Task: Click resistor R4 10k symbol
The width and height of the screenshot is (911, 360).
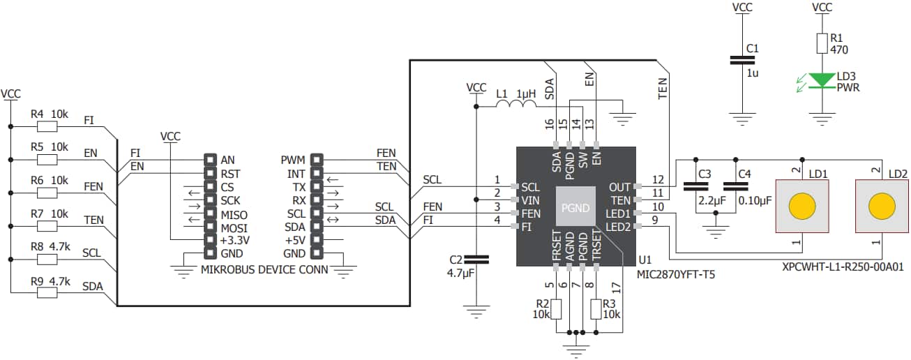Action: point(47,127)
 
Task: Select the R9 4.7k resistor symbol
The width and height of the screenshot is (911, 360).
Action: point(47,292)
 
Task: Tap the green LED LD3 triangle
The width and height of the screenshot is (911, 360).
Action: point(824,81)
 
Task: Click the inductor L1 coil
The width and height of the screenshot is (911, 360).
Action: point(516,105)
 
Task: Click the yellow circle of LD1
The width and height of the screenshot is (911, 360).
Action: point(801,207)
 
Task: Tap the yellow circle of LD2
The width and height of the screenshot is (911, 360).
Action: point(881,207)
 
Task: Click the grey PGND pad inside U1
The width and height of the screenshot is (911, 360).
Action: point(575,208)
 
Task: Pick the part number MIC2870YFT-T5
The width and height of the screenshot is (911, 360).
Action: point(675,275)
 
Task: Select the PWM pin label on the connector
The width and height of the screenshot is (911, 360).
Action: point(293,160)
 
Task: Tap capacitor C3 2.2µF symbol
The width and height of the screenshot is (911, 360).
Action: point(693,186)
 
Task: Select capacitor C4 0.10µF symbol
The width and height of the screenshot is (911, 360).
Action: point(732,186)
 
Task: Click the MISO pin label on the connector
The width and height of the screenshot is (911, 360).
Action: point(234,213)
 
